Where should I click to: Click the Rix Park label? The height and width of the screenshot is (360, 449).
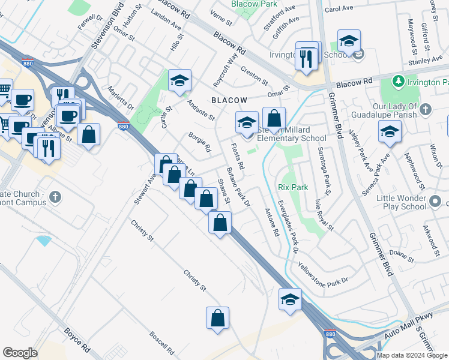pos(294,187)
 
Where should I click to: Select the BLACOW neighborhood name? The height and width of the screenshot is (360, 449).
pos(228,100)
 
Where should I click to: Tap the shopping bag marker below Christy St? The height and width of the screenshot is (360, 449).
pos(218,318)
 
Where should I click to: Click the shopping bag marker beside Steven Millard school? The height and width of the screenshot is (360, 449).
pos(274,119)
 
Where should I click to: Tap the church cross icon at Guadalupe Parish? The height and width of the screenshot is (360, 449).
pos(425,109)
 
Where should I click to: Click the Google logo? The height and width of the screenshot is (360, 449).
pos(20,353)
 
